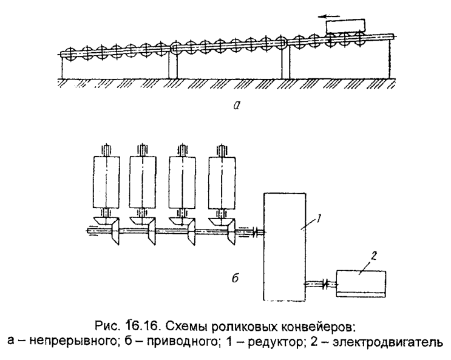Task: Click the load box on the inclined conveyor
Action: pos(344,27)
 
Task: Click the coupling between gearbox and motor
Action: pos(322,282)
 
